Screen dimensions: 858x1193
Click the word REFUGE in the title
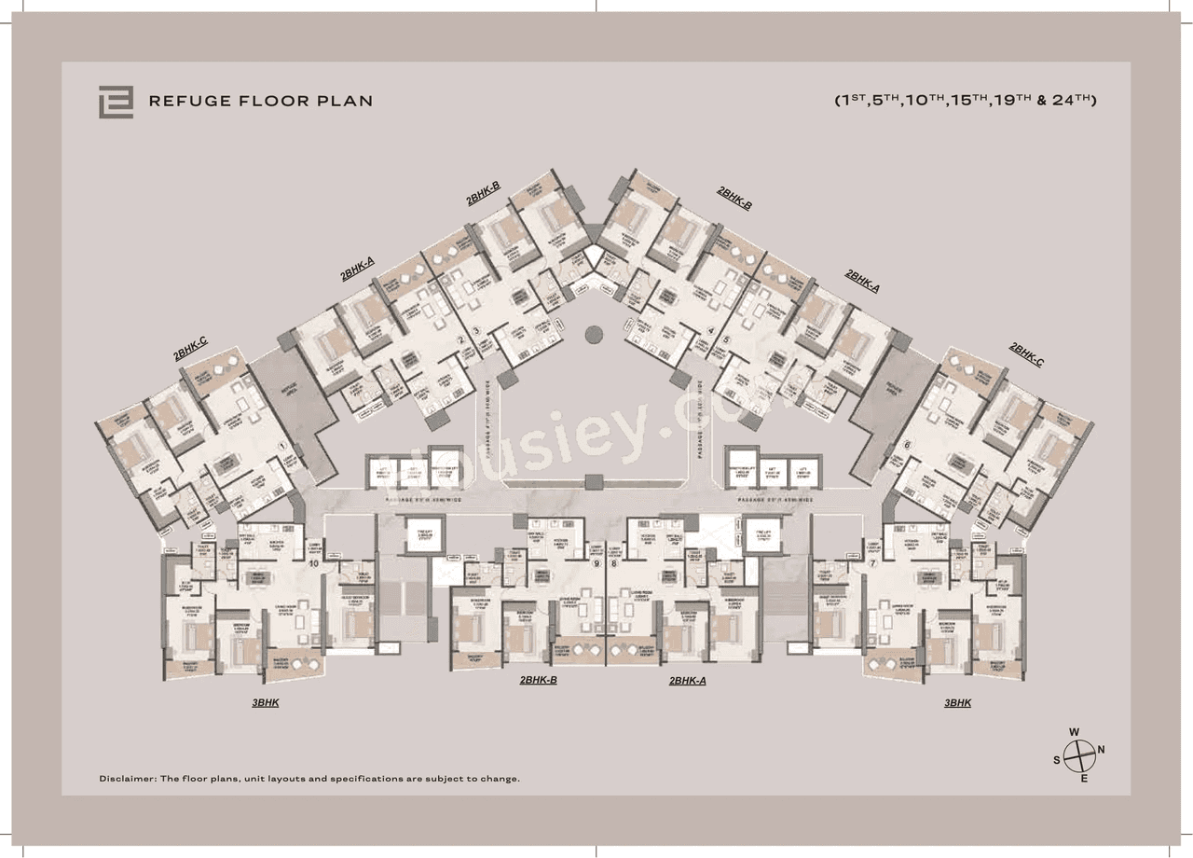click(189, 101)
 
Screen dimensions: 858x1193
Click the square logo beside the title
click(116, 102)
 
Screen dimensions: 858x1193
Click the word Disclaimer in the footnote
click(127, 778)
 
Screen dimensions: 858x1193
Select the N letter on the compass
click(1101, 749)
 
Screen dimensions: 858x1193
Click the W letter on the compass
click(1074, 732)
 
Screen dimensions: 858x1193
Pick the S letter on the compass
click(1057, 759)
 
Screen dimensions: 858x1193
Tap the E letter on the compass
click(1083, 778)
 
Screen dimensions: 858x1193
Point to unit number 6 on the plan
click(907, 445)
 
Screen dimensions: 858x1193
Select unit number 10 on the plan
click(313, 563)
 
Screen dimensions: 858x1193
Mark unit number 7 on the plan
click(872, 563)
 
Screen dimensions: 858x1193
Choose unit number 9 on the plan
click(596, 563)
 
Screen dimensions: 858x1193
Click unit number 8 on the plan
click(613, 563)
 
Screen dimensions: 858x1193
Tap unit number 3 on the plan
click(475, 330)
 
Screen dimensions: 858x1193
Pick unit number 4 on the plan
click(710, 330)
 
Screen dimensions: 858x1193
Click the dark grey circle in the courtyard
click(594, 334)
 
